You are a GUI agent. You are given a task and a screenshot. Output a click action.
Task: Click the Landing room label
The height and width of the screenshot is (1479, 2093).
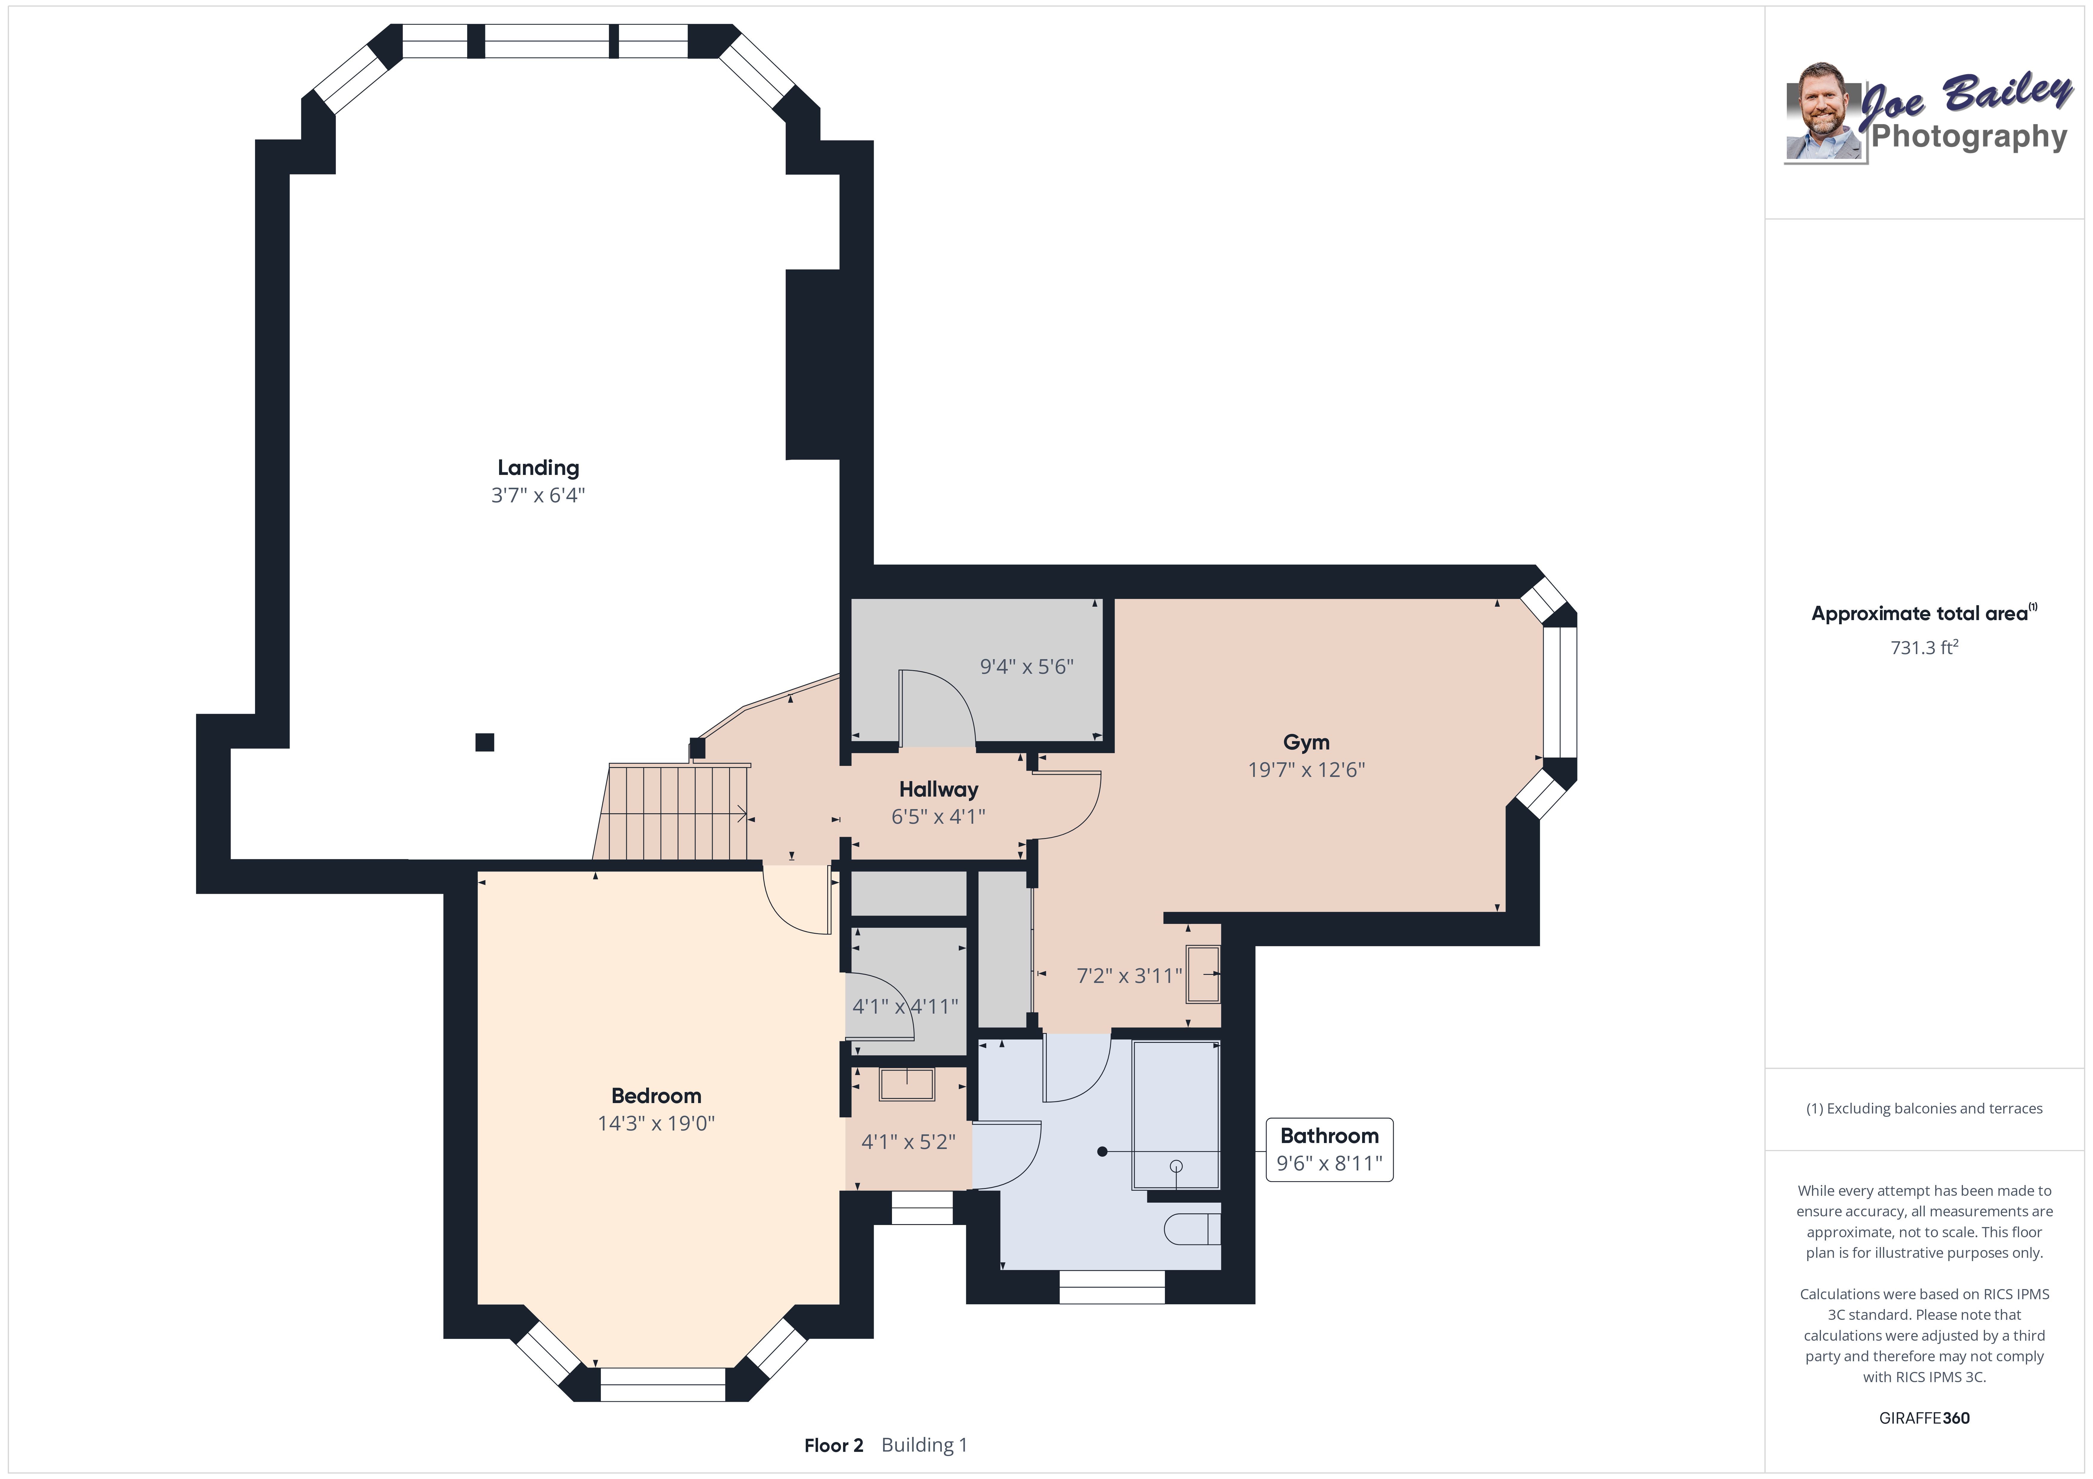tap(538, 467)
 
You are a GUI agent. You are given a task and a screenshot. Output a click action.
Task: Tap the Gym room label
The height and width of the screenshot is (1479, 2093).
tap(1306, 742)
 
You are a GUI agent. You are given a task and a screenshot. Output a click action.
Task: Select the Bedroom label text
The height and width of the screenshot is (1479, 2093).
tap(656, 1095)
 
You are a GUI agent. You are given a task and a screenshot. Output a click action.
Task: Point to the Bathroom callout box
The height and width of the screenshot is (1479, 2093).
tap(1329, 1149)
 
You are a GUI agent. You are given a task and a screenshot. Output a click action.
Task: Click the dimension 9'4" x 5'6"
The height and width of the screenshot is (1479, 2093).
tap(1027, 666)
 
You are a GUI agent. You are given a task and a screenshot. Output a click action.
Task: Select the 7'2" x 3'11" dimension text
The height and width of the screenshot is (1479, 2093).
tap(1129, 975)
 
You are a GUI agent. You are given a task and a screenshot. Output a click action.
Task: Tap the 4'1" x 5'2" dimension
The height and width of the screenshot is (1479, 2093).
tap(908, 1141)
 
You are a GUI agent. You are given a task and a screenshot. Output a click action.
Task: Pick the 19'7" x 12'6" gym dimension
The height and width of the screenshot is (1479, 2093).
tap(1306, 769)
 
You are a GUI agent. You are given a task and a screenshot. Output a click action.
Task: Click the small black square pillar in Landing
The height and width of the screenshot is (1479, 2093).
tap(485, 742)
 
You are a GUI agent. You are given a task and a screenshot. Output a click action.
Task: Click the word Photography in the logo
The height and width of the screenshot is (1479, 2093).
tap(1969, 137)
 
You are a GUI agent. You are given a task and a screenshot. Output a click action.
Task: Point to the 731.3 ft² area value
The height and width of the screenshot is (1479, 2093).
tap(1924, 647)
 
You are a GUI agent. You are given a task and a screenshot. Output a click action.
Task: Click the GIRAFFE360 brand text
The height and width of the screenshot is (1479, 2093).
tap(1924, 1418)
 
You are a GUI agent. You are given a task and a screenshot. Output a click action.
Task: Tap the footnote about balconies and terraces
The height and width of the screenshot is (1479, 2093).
tap(1924, 1108)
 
